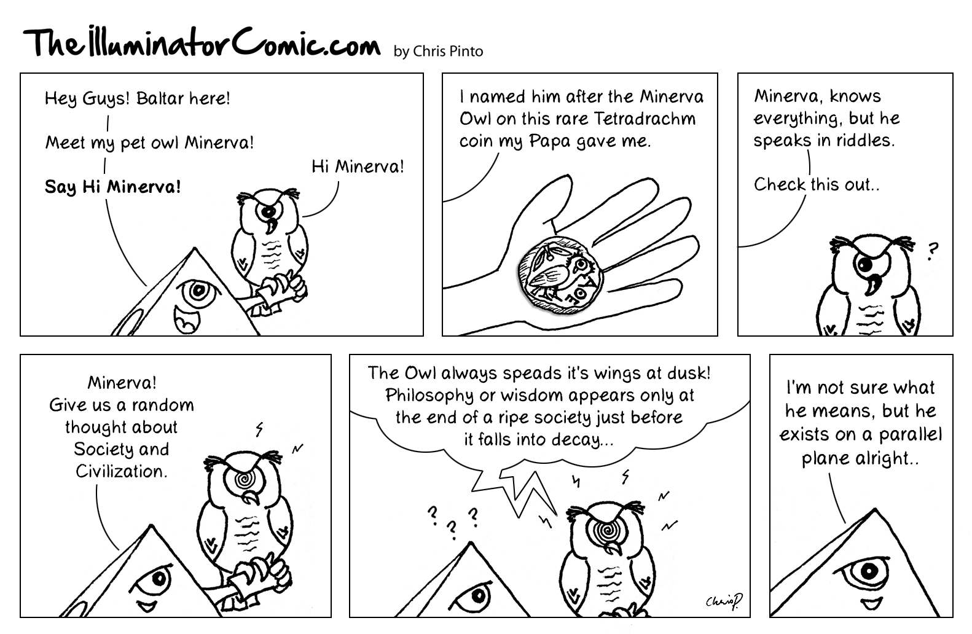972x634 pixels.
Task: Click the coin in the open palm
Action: [x=560, y=275]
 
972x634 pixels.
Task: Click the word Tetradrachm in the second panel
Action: [x=644, y=119]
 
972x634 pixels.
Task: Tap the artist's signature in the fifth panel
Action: [x=724, y=601]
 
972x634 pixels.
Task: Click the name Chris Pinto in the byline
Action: [x=448, y=51]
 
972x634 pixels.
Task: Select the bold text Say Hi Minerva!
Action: [x=113, y=187]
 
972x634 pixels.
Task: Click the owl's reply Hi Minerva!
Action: [x=358, y=166]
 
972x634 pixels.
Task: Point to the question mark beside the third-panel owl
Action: [x=932, y=251]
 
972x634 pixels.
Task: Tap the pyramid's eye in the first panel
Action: [x=199, y=292]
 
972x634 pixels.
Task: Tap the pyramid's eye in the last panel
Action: [x=866, y=573]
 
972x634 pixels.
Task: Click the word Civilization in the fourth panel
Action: [x=122, y=471]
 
